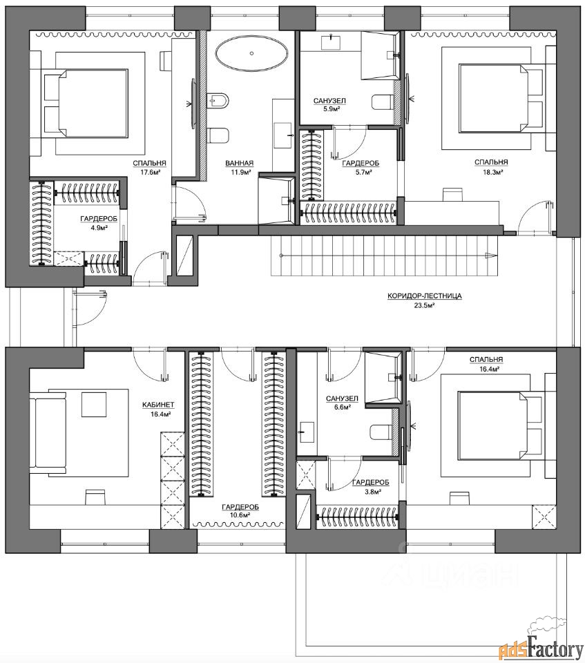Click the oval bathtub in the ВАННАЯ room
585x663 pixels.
click(251, 54)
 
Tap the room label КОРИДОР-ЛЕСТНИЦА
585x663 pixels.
click(424, 296)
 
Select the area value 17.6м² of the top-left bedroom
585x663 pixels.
click(149, 172)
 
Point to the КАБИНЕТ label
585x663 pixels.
click(158, 405)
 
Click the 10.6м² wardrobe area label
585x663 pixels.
click(240, 515)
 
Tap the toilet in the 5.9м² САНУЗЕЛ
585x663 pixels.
click(383, 102)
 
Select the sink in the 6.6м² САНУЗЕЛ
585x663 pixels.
click(307, 432)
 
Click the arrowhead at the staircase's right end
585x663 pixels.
click(490, 255)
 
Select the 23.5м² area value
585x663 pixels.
click(424, 305)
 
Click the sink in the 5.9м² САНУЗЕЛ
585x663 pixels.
click(332, 42)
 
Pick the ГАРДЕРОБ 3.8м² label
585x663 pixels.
click(370, 486)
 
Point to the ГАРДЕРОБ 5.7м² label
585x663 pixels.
click(361, 167)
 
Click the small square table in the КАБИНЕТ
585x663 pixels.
click(93, 404)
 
